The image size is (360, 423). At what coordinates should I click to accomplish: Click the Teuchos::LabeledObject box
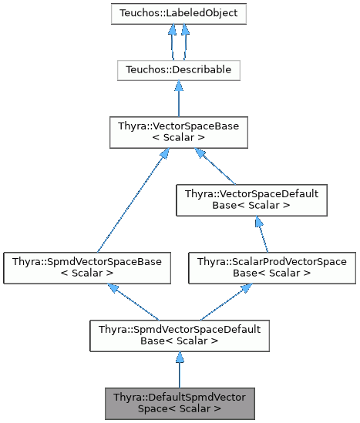(178, 15)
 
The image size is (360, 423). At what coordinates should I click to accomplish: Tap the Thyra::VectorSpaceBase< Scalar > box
(179, 131)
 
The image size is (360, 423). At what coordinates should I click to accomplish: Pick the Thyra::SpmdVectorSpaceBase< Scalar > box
(86, 267)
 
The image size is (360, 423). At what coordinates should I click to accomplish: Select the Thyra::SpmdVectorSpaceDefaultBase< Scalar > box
(179, 335)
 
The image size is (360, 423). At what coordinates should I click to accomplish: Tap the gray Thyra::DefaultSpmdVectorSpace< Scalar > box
(179, 403)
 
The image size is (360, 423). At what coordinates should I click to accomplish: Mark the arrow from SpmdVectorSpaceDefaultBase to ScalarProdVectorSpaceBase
(224, 301)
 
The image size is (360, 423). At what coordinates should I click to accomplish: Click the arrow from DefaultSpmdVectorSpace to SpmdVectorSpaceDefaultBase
(179, 369)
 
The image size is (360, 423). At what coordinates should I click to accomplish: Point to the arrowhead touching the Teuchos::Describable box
(179, 86)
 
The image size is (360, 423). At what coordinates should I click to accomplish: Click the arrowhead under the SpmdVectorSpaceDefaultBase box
(179, 358)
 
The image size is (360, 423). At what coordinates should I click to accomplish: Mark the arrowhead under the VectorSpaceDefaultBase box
(257, 222)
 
